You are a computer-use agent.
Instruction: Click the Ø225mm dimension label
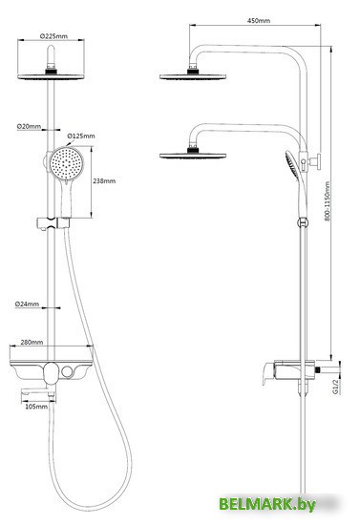[x=54, y=38]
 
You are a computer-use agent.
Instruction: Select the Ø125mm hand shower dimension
[x=83, y=136]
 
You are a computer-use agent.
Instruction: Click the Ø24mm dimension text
[x=28, y=304]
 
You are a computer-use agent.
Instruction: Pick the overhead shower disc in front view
[x=54, y=74]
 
